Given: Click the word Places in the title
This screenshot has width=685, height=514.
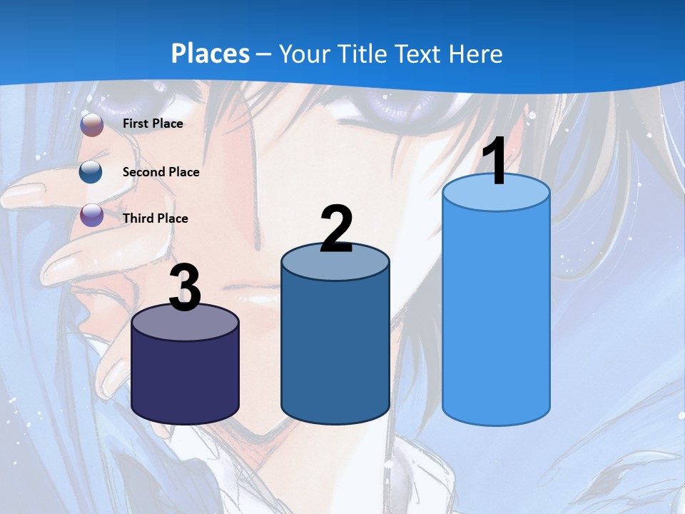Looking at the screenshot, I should pyautogui.click(x=210, y=54).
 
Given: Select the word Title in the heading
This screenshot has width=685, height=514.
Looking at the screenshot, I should pyautogui.click(x=361, y=54).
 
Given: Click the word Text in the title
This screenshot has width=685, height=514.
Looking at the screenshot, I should pyautogui.click(x=420, y=54).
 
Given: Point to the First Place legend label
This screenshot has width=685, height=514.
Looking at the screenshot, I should pyautogui.click(x=153, y=124).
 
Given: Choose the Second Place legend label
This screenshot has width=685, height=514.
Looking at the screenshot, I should pyautogui.click(x=161, y=172).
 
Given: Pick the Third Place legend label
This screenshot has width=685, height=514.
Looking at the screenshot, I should pyautogui.click(x=155, y=218).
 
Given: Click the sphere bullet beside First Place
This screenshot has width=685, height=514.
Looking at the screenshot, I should pyautogui.click(x=92, y=124).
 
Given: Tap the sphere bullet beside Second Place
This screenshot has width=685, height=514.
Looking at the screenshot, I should pyautogui.click(x=91, y=172).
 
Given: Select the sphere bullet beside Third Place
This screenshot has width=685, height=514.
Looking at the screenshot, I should pyautogui.click(x=91, y=215).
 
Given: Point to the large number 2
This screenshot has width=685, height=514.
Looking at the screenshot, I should pyautogui.click(x=336, y=229).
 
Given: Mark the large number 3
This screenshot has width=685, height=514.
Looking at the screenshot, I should pyautogui.click(x=186, y=288).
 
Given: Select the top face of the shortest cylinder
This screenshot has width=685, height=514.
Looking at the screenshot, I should pyautogui.click(x=186, y=323).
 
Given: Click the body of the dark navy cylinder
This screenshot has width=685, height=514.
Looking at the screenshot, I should pyautogui.click(x=186, y=378).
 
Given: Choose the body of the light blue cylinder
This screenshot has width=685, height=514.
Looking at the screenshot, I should pyautogui.click(x=496, y=314).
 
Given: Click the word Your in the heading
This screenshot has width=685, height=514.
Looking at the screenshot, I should pyautogui.click(x=305, y=54).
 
